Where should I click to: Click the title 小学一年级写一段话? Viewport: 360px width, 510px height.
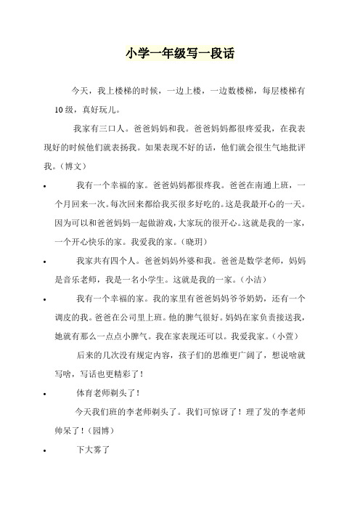(180, 54)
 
